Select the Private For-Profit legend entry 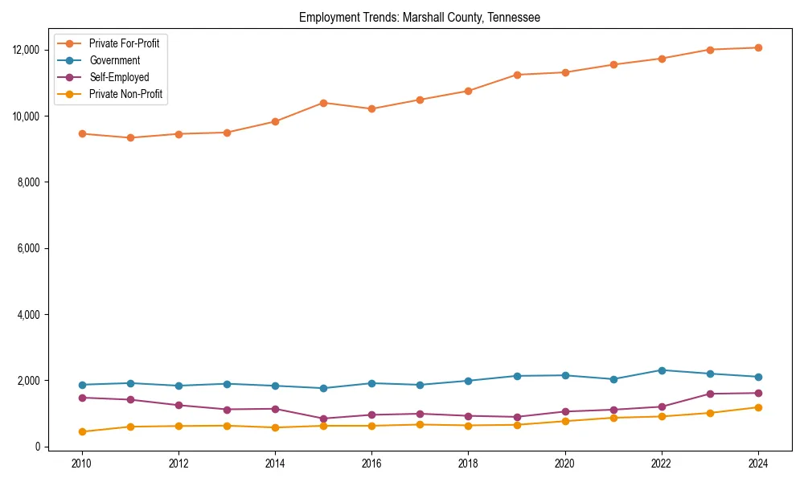pos(124,43)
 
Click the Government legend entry pos(114,60)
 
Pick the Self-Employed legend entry pos(119,77)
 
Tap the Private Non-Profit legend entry pos(125,94)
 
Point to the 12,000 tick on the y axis pos(28,50)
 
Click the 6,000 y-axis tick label pos(31,248)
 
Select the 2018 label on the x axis pos(468,464)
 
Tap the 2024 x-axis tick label pos(757,464)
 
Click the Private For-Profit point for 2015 pos(323,103)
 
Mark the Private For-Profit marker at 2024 pos(757,47)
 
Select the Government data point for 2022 pos(662,370)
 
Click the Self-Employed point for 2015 pos(323,419)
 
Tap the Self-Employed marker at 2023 pos(710,394)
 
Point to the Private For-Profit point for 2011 pos(130,137)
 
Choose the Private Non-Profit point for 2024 pos(757,407)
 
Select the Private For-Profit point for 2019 pos(517,75)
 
